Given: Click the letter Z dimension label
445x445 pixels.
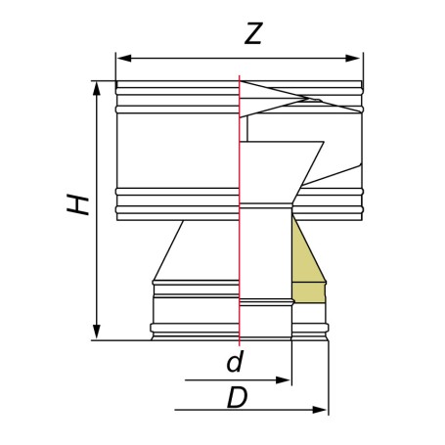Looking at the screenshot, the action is click(253, 33).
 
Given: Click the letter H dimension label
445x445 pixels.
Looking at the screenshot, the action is click(77, 204).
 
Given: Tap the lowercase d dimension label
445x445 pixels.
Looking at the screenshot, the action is click(236, 361).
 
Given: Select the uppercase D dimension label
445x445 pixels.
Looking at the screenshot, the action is click(238, 397).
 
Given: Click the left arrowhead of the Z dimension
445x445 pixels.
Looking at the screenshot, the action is click(124, 59).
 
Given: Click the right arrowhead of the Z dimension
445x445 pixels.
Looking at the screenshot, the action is click(352, 59).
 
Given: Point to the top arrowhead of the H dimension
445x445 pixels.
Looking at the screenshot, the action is click(96, 88).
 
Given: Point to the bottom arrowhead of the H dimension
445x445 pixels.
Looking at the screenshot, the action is click(96, 332).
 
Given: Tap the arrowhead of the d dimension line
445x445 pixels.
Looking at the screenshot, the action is click(283, 380).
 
